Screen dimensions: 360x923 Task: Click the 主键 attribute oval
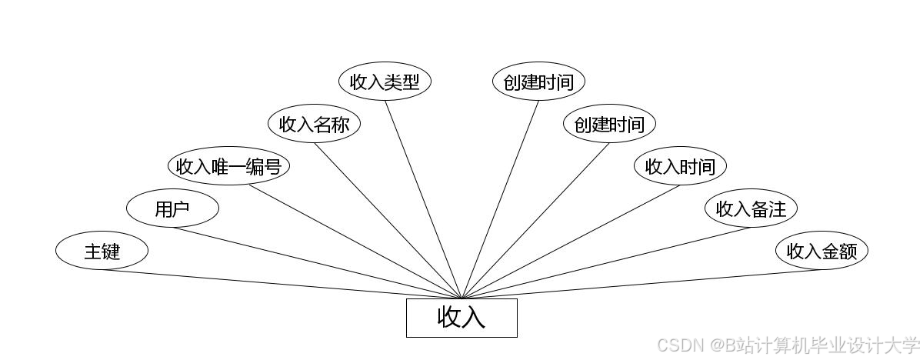102,251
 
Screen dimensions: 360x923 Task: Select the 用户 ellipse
172,208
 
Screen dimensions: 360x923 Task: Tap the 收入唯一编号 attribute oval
228,166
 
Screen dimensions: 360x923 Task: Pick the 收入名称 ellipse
314,124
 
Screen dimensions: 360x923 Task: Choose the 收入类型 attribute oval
385,82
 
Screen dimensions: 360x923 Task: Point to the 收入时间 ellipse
680,166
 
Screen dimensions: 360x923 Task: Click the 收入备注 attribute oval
751,208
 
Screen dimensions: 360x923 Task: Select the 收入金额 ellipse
821,251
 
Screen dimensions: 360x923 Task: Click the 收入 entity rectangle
461,318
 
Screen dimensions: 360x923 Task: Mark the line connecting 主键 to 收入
282,284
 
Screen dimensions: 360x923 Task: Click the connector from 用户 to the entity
317,263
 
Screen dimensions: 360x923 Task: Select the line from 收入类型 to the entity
423,199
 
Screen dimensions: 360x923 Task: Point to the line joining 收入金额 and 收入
641,284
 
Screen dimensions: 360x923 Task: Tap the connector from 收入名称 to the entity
388,221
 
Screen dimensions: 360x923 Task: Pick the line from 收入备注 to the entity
606,263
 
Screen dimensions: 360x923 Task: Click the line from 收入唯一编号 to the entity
354,242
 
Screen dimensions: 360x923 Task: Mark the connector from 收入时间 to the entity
571,242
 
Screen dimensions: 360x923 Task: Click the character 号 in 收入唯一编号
272,166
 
